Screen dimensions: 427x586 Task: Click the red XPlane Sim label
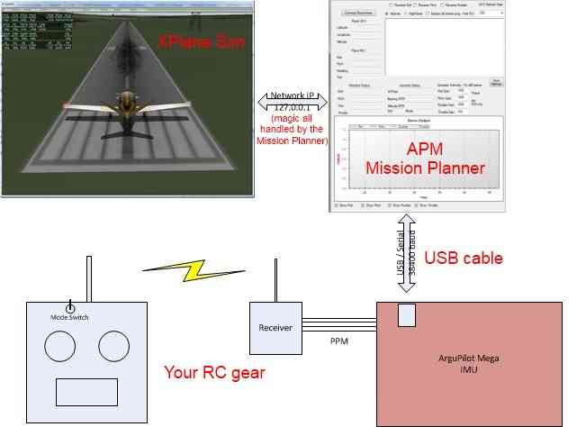tap(195, 42)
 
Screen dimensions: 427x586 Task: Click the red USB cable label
tap(463, 259)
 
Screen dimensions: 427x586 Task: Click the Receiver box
tap(275, 327)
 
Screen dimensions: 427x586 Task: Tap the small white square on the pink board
tap(407, 314)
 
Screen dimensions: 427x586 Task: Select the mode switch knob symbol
tap(70, 307)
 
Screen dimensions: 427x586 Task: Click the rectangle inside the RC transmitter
tap(86, 392)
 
